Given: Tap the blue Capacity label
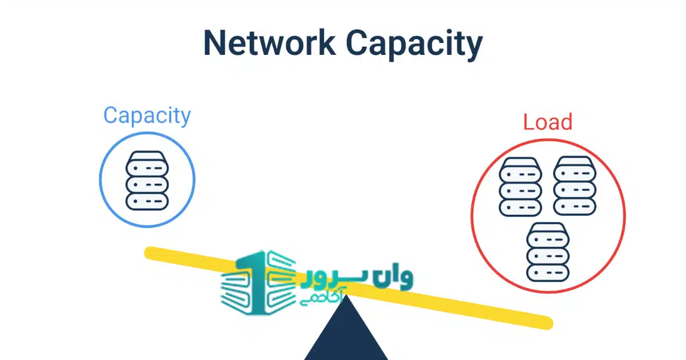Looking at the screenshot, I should click(147, 116).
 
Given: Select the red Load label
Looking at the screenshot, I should click(548, 122).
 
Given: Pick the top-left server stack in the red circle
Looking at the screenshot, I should click(520, 187).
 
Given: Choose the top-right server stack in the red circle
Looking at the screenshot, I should click(575, 187).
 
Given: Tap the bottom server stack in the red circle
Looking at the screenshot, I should click(548, 251).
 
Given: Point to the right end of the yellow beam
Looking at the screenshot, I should click(546, 323).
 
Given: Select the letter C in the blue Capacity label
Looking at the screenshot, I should click(111, 116).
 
